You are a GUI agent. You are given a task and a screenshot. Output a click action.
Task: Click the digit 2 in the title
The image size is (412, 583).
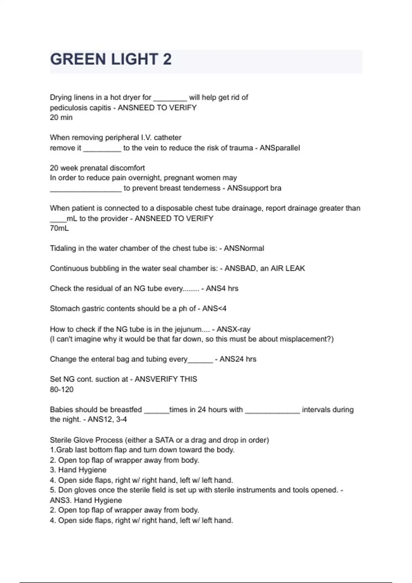tap(167, 59)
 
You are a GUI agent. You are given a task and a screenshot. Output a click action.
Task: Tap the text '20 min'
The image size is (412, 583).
tap(61, 117)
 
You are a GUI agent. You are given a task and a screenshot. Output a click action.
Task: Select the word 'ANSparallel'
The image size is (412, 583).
tap(279, 148)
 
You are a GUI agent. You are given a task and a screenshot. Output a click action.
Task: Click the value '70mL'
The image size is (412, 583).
tap(59, 228)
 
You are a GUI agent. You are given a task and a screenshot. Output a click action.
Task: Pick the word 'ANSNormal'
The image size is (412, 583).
tap(244, 248)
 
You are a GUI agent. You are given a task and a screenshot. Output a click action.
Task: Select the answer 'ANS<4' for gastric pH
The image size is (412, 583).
tap(214, 308)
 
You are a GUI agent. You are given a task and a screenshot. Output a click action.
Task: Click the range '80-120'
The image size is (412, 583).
tap(62, 389)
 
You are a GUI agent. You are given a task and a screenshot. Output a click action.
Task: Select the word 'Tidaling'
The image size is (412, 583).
tap(63, 248)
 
